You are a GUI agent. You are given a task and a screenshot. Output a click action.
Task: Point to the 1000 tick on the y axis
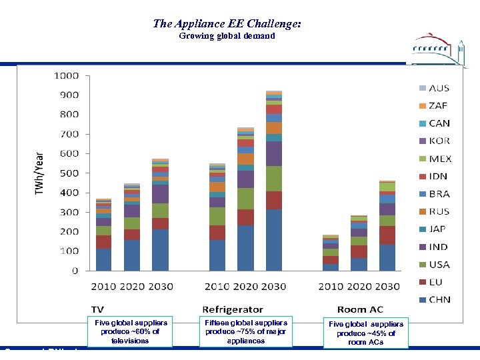tap(66, 75)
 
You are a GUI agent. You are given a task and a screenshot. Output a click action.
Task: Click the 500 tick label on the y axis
tap(69, 173)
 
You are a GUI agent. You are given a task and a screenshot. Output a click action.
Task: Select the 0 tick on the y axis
tap(75, 271)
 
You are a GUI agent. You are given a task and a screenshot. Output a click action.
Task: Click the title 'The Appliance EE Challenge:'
tap(227, 23)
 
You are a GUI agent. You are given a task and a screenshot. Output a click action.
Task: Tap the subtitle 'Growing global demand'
tap(227, 36)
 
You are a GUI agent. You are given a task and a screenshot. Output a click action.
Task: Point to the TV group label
tap(97, 309)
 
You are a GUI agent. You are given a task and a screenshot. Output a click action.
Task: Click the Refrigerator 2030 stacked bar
tap(274, 181)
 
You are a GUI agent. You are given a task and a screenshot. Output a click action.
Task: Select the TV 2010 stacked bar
tap(103, 234)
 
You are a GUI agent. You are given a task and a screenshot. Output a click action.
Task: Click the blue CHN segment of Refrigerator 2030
tap(274, 240)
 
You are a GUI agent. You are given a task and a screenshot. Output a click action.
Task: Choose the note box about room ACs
tap(365, 333)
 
